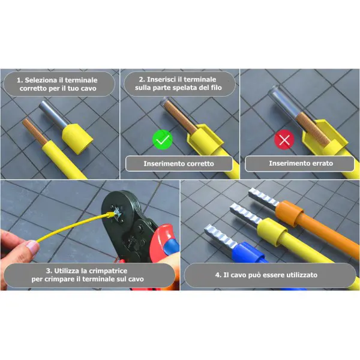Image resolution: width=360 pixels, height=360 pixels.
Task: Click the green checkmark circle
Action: click(x=163, y=140)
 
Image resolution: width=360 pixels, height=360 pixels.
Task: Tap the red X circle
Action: click(x=284, y=139)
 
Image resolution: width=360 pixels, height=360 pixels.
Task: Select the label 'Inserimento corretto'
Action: click(x=179, y=164)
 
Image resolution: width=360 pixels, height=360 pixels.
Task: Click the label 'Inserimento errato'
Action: click(x=301, y=163)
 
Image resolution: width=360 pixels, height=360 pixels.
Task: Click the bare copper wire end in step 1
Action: click(x=34, y=131)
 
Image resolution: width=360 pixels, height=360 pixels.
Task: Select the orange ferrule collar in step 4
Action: click(x=289, y=213)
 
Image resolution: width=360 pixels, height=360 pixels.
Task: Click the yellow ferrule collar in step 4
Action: click(x=271, y=231)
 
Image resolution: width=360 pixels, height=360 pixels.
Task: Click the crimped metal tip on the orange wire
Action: click(x=263, y=199)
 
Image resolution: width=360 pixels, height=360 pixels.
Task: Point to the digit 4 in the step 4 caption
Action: click(x=217, y=275)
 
